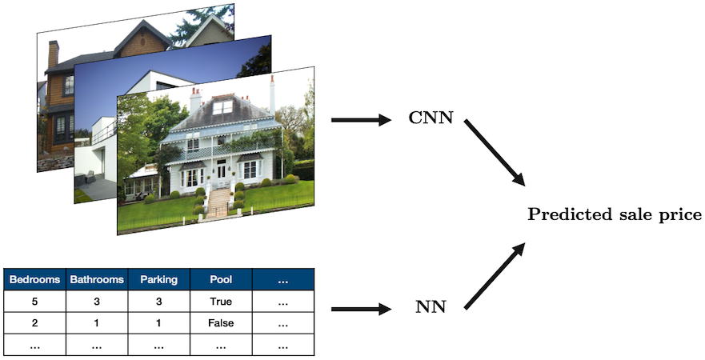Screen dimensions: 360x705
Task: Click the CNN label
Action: pos(431,120)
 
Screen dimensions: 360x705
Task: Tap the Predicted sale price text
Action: pos(615,215)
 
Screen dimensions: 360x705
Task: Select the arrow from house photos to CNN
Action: pos(359,121)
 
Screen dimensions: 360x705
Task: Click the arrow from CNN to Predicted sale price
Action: pos(494,153)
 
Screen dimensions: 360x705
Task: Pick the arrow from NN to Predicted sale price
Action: pos(494,276)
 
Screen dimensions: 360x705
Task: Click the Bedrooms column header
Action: pos(34,280)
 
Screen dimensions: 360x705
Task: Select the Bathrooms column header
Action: pos(97,280)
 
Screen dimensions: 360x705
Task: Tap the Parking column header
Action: pos(158,280)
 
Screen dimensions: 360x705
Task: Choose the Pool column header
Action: pos(221,280)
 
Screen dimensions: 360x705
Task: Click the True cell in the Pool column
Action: pos(221,302)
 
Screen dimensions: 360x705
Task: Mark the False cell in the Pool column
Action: pos(221,323)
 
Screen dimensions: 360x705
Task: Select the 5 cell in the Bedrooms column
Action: pos(34,302)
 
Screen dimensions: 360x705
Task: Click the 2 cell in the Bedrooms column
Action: pos(34,323)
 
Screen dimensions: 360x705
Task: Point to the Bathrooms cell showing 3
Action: pos(97,302)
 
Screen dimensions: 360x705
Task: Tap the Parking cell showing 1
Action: pos(158,323)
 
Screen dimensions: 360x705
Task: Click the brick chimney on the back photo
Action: pos(53,55)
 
